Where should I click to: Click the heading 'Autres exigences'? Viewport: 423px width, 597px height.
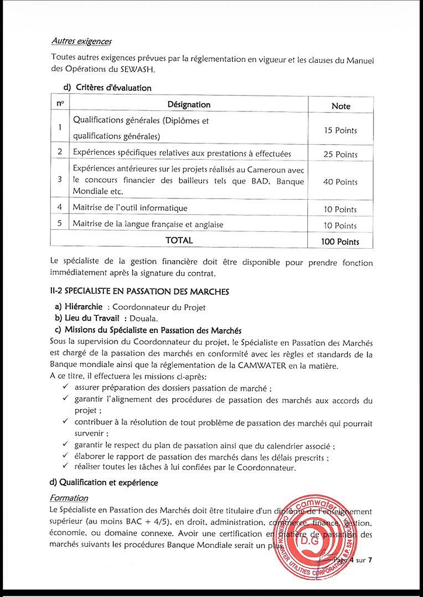(81, 41)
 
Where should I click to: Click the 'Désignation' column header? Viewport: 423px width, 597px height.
(189, 105)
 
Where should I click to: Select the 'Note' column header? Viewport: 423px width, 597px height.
(341, 106)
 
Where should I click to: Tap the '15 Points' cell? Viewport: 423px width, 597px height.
(340, 130)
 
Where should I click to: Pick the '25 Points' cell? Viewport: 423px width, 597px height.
(340, 154)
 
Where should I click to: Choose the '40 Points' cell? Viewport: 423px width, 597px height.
(340, 181)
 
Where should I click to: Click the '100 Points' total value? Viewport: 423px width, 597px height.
(340, 241)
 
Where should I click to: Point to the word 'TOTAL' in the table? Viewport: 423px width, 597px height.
(179, 240)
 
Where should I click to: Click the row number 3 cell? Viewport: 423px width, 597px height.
(60, 179)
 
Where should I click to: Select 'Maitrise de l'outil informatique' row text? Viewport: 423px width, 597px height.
(130, 208)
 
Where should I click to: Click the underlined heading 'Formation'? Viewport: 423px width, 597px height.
(69, 498)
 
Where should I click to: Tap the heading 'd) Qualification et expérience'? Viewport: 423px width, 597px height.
(104, 483)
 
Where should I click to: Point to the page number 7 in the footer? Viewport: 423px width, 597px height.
(370, 560)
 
